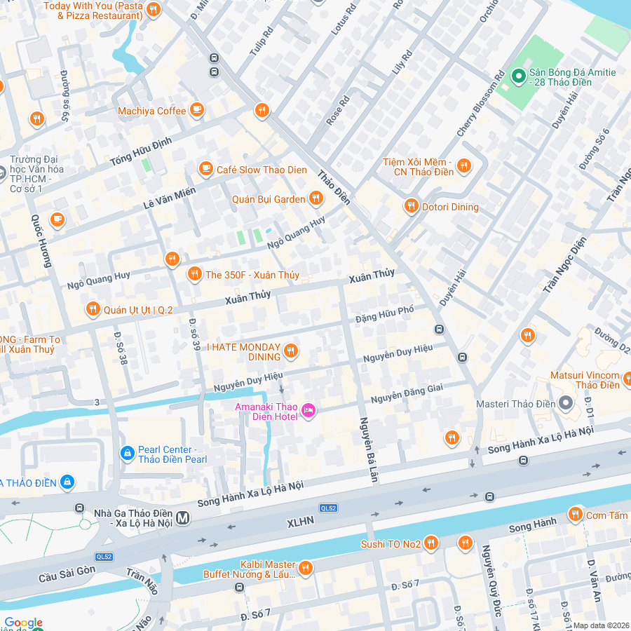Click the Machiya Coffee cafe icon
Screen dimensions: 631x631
tap(197, 110)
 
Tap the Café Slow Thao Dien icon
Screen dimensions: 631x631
tap(205, 168)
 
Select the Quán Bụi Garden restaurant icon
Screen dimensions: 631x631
tap(316, 199)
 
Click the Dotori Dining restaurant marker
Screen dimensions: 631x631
tap(412, 206)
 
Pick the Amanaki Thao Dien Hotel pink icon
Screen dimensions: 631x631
tap(308, 410)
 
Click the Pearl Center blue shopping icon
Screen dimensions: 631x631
tap(127, 454)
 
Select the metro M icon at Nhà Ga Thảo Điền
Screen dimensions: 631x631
tap(183, 517)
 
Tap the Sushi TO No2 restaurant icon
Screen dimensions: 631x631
tap(430, 543)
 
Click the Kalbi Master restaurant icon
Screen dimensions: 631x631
tap(306, 568)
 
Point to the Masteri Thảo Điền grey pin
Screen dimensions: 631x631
tap(566, 403)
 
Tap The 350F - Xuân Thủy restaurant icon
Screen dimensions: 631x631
tap(194, 275)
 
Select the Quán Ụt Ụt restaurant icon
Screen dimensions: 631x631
tap(92, 309)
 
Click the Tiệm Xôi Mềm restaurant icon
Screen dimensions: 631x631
tap(463, 166)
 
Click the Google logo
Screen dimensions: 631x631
tap(23, 623)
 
